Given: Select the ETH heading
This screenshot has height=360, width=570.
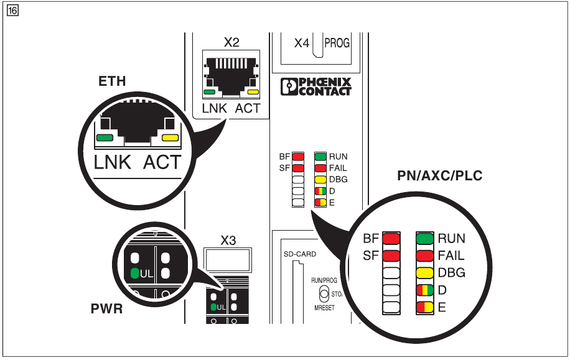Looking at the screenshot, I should click(112, 81).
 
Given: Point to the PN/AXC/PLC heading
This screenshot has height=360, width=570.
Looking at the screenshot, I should click(439, 176).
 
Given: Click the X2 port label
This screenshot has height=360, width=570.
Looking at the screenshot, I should click(231, 43).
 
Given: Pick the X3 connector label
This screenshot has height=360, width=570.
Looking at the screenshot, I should click(228, 241).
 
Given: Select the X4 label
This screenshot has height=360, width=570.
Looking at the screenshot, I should click(302, 44).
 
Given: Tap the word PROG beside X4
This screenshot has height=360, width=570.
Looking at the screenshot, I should click(337, 44).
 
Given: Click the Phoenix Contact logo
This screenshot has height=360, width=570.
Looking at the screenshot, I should click(316, 86).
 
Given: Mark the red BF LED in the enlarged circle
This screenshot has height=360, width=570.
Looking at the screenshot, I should click(391, 238).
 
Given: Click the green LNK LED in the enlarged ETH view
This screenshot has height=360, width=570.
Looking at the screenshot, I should click(105, 137).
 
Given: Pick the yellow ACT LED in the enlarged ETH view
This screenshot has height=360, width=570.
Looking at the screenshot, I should click(169, 137).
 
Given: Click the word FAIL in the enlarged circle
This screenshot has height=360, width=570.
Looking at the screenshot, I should click(451, 256).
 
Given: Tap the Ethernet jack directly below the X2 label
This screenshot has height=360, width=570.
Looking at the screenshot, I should click(231, 75).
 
